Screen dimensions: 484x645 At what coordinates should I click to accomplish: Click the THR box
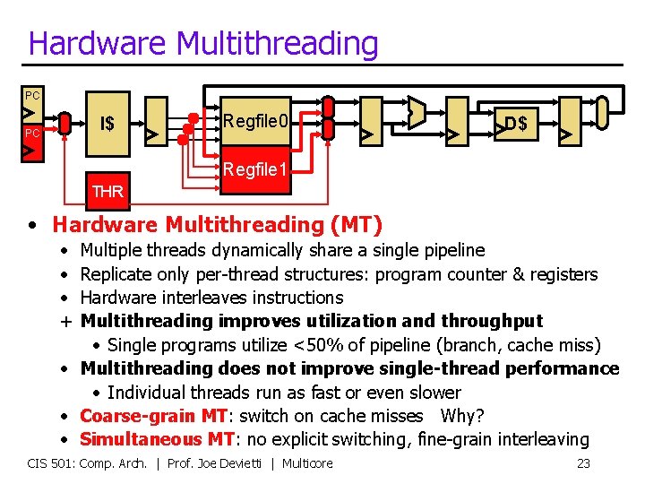point(107,191)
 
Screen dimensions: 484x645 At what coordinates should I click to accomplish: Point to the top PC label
point(32,95)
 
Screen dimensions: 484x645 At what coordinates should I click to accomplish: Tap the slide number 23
point(583,462)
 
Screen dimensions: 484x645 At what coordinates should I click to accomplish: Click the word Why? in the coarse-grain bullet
point(462,416)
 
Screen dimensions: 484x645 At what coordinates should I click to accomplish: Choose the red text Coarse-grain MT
point(153,416)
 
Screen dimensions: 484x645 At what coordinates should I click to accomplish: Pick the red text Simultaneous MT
point(157,439)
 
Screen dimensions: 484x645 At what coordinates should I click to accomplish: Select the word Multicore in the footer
point(306,462)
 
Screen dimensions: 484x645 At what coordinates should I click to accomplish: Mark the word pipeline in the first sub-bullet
point(452,250)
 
